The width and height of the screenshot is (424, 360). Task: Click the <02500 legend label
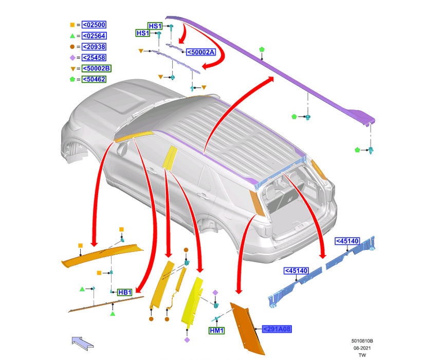pos(94,25)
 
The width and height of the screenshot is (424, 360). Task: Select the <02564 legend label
pos(94,35)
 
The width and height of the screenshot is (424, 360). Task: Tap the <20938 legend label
pos(94,47)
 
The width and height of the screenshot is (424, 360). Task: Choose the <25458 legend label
pos(94,58)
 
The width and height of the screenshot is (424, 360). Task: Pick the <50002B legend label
pos(97,68)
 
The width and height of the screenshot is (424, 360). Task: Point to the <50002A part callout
pos(200,52)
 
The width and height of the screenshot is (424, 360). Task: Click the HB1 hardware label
pos(125,292)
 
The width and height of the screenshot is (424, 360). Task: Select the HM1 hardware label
pos(216,331)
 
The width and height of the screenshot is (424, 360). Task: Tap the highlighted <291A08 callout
pos(276,329)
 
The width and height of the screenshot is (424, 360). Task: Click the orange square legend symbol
pos(72,25)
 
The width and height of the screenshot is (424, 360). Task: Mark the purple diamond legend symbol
pos(72,58)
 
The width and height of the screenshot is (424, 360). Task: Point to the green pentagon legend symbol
pos(72,79)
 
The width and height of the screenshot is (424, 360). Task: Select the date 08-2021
pos(362,348)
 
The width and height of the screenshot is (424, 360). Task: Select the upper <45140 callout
pos(347,241)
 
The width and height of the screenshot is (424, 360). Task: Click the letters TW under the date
pos(362,355)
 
